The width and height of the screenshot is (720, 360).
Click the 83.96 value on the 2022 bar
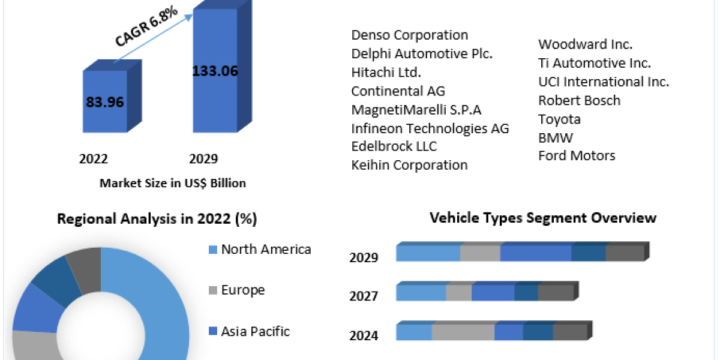pyautogui.click(x=104, y=102)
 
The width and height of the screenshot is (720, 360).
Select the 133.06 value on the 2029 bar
pyautogui.click(x=215, y=71)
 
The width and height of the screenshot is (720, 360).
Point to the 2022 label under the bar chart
pyautogui.click(x=94, y=159)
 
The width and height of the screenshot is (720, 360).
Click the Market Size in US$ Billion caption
pyautogui.click(x=173, y=183)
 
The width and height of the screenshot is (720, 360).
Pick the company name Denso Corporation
pyautogui.click(x=409, y=35)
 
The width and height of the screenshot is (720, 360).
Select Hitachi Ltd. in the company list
pyautogui.click(x=386, y=73)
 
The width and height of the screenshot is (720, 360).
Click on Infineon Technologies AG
pyautogui.click(x=430, y=128)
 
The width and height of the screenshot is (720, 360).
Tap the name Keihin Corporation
pyautogui.click(x=409, y=164)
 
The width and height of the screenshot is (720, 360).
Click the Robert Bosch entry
pyautogui.click(x=579, y=100)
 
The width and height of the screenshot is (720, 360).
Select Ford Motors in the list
pyautogui.click(x=577, y=155)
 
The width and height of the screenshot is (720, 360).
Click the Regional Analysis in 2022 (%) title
pyautogui.click(x=157, y=219)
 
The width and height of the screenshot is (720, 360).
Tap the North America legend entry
pyautogui.click(x=265, y=249)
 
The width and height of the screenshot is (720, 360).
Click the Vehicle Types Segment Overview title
pyautogui.click(x=543, y=217)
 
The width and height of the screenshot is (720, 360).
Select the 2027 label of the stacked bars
pyautogui.click(x=364, y=296)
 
